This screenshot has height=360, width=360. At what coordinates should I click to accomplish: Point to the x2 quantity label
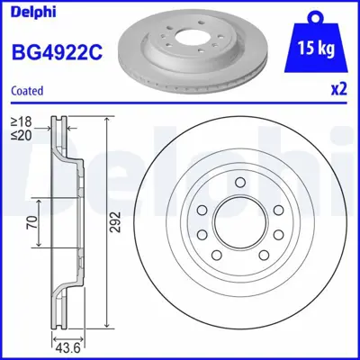point(338,90)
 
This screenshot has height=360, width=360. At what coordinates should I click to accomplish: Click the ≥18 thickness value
point(21,121)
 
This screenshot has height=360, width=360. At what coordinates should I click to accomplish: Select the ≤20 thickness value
point(21,134)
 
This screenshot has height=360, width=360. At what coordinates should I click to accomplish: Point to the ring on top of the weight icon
point(313,16)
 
